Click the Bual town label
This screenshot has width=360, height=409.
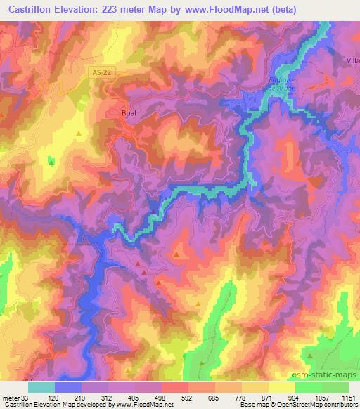point(124,110)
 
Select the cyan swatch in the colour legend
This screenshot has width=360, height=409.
point(41,387)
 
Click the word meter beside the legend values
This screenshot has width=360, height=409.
point(10,398)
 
